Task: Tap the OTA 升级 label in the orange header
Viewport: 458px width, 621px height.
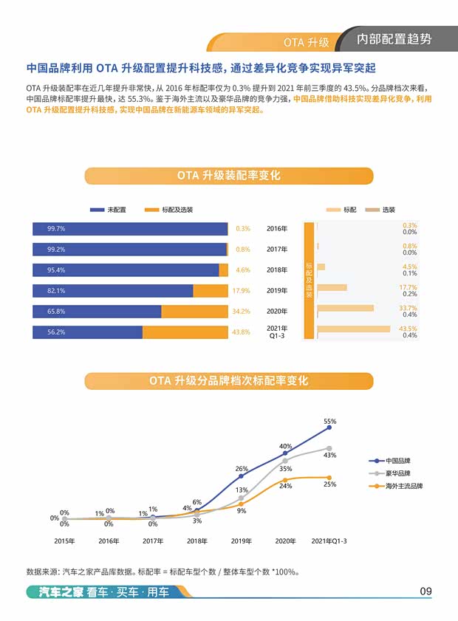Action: click(306, 41)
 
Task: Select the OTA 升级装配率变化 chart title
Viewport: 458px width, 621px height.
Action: click(228, 176)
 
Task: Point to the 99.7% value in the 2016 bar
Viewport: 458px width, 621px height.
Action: click(56, 229)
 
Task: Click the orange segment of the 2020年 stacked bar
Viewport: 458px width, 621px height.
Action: click(194, 312)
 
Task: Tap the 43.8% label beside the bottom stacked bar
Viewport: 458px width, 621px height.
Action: click(241, 332)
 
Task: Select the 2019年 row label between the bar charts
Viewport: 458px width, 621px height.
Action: click(277, 290)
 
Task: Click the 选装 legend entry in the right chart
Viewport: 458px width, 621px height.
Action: click(388, 210)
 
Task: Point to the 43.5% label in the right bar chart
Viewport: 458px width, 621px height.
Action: click(409, 328)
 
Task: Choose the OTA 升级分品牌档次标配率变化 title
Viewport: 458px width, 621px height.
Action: click(228, 381)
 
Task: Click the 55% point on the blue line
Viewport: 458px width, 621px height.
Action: click(329, 427)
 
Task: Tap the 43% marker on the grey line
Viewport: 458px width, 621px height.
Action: click(329, 447)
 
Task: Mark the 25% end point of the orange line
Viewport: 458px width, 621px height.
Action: click(329, 477)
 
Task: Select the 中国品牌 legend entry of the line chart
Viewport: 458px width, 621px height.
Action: click(397, 461)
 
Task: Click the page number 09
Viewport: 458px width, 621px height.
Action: click(425, 591)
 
